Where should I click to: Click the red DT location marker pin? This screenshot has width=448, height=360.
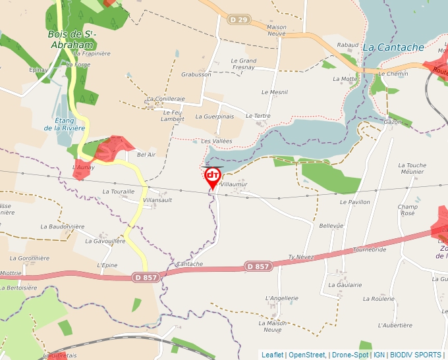point(213,176)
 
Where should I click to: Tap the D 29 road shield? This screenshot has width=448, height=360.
point(239,20)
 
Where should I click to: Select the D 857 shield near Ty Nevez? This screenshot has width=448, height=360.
point(258,266)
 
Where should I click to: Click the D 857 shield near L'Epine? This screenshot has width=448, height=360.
point(146,278)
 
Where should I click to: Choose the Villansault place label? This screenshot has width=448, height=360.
point(157,199)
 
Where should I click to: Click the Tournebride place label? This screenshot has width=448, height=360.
point(369,250)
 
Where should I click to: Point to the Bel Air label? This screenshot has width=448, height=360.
point(146,155)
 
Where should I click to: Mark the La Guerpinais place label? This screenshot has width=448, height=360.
point(215,116)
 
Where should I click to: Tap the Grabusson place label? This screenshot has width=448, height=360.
point(196,74)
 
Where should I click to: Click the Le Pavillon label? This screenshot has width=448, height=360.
point(355,202)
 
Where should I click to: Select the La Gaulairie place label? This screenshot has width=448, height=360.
point(345,285)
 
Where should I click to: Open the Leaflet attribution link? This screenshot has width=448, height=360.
point(272,355)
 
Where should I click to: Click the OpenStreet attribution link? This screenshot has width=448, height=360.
point(306,355)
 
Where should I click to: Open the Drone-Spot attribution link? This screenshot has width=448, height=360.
point(350,355)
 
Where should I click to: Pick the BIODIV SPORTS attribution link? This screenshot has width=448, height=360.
point(416,355)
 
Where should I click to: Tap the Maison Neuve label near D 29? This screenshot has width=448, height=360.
point(277,31)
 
